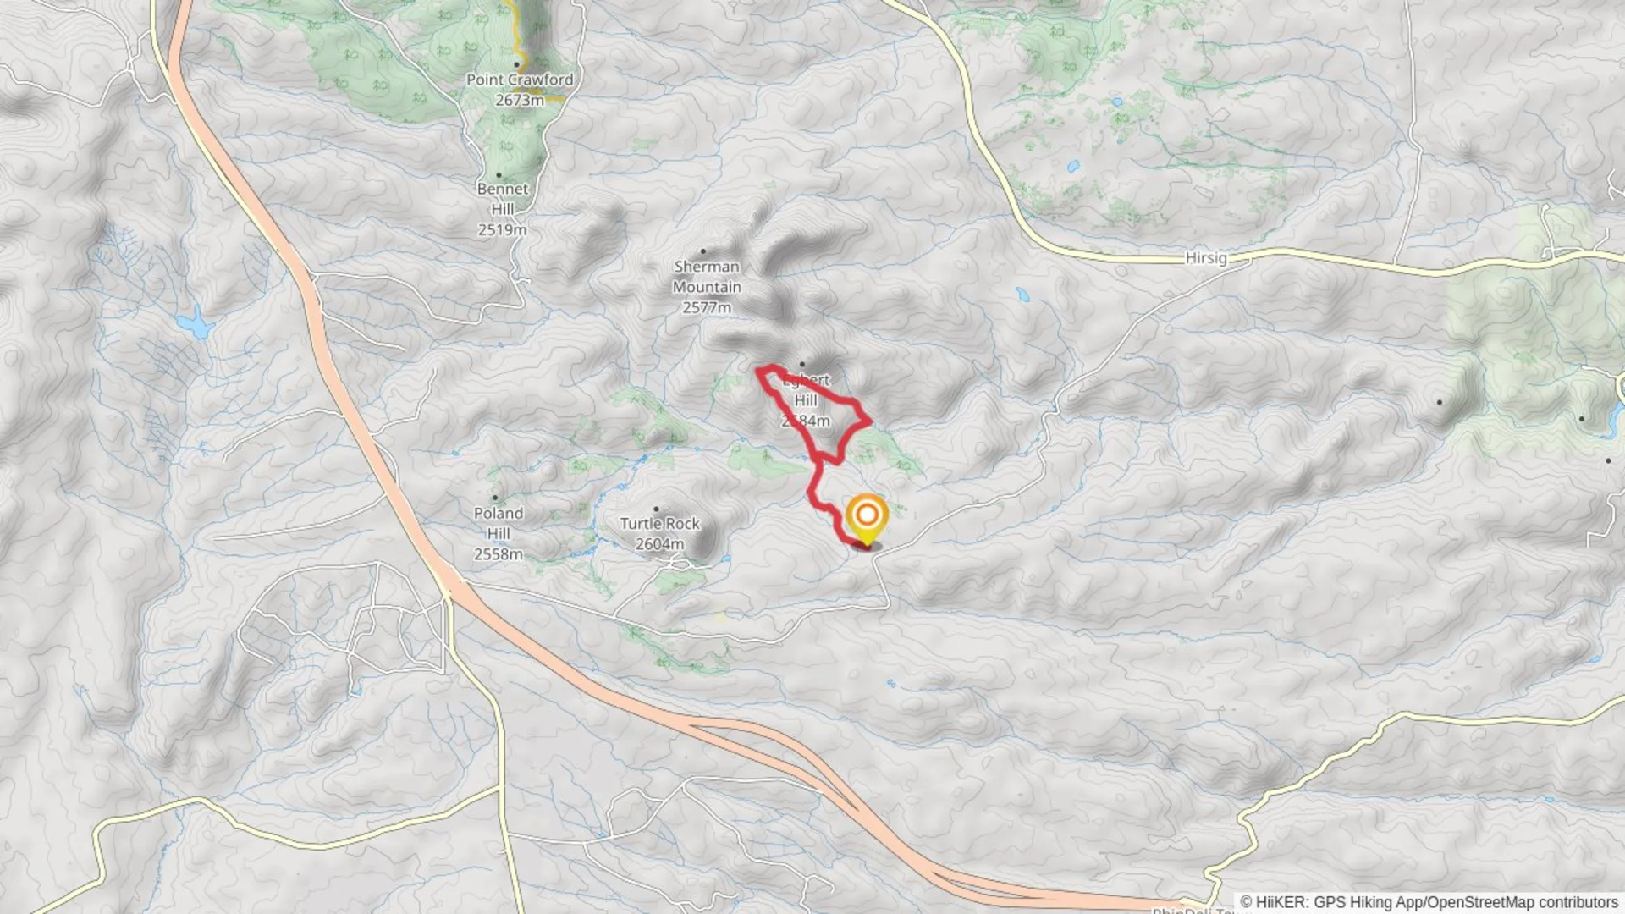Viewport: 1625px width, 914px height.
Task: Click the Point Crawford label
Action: [519, 80]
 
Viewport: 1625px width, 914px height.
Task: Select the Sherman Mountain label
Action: [707, 277]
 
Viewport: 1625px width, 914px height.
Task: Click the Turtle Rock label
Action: [660, 524]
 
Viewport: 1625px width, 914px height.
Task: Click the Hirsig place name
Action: [1206, 258]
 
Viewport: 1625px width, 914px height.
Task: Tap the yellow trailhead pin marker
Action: [867, 517]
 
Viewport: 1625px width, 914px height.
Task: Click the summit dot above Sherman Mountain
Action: [702, 251]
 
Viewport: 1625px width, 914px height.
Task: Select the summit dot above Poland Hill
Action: [495, 498]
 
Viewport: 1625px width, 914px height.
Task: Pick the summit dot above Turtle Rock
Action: [656, 509]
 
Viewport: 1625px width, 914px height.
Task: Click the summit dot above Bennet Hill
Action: [499, 175]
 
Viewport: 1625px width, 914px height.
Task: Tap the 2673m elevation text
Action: [520, 100]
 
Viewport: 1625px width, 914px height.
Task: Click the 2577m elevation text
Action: [707, 307]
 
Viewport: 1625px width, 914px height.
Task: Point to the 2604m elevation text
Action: [659, 544]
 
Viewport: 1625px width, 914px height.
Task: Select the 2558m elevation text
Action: [498, 554]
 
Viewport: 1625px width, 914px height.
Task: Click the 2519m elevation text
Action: [502, 229]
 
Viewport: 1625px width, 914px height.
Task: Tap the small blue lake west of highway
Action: [194, 323]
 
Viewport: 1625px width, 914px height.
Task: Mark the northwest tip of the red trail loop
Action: [759, 370]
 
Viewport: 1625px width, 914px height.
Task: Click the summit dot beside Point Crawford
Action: [516, 64]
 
